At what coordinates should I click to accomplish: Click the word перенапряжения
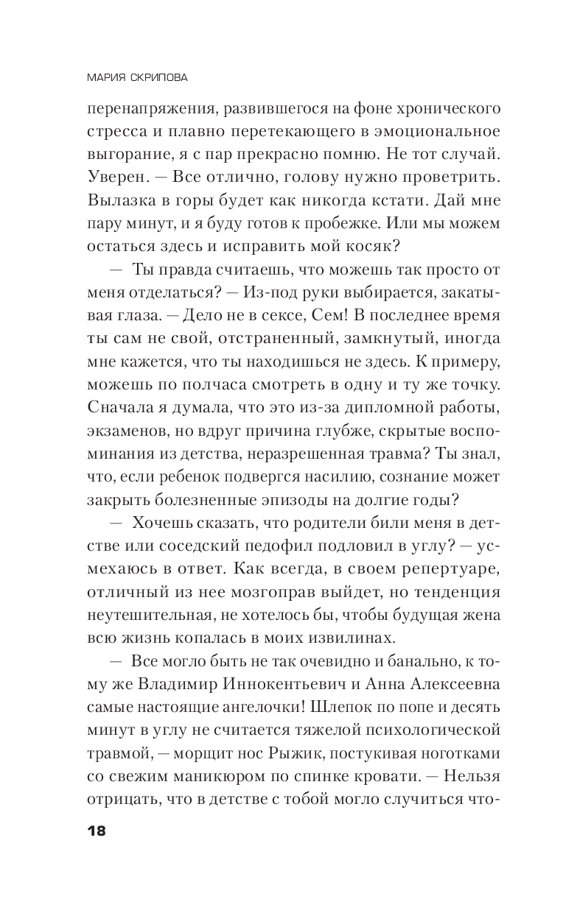[142, 110]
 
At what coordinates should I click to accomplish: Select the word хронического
[438, 110]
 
